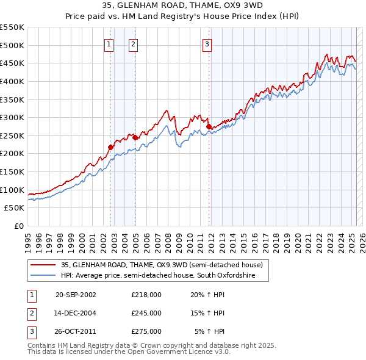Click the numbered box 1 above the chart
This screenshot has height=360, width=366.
coord(109,43)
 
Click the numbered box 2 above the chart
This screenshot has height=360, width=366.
coord(133,43)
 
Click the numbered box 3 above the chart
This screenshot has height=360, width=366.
coord(207,43)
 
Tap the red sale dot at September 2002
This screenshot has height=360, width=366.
coord(110,147)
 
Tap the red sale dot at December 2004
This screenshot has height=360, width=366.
coord(135,137)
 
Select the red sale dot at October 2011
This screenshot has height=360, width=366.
coord(209,126)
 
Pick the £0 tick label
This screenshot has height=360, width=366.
coord(18,226)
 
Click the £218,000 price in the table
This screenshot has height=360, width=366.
coord(146,294)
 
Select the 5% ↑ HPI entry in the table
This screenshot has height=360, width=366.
coord(209,331)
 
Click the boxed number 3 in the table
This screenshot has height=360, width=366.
coord(31,331)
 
